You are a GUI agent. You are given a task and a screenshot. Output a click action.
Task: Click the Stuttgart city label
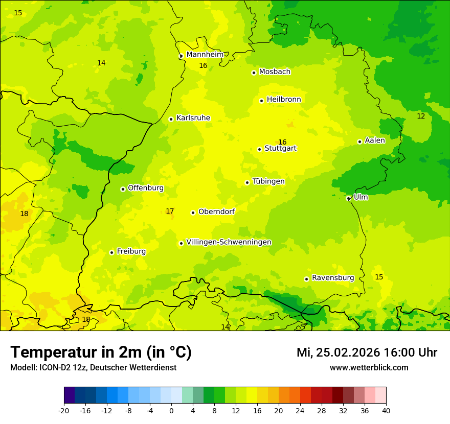[280, 149]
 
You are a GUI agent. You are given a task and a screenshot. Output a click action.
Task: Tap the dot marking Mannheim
[181, 56]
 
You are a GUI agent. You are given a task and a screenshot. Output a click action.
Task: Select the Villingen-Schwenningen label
[229, 242]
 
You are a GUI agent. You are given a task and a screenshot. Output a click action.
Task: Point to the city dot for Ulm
[348, 199]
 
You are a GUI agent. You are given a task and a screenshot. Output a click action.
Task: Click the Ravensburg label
[332, 278]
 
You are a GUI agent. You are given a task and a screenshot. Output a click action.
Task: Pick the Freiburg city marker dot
[111, 252]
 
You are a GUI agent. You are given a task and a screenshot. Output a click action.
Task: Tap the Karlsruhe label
[193, 118]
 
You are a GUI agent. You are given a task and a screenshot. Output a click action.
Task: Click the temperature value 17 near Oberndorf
[170, 211]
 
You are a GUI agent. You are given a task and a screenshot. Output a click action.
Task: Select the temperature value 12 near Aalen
[421, 116]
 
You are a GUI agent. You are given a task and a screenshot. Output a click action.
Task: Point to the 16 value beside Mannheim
[203, 66]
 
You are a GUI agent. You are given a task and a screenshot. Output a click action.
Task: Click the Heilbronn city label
[284, 100]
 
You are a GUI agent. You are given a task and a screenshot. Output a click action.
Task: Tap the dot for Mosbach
[254, 73]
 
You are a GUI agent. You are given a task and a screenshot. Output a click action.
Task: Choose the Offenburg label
[145, 188]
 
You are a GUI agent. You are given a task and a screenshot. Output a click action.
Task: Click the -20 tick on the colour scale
[64, 411]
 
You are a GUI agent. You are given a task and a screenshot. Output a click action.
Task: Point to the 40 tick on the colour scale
[386, 411]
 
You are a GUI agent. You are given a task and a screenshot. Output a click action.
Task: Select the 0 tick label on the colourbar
[171, 411]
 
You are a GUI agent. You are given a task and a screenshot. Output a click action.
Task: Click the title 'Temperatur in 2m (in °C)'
[101, 352]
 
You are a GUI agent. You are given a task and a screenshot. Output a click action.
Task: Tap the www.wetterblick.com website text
[369, 368]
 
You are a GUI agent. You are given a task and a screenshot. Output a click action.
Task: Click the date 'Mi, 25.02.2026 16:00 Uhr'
[367, 353]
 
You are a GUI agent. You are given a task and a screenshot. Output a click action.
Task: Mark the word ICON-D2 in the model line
[53, 368]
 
